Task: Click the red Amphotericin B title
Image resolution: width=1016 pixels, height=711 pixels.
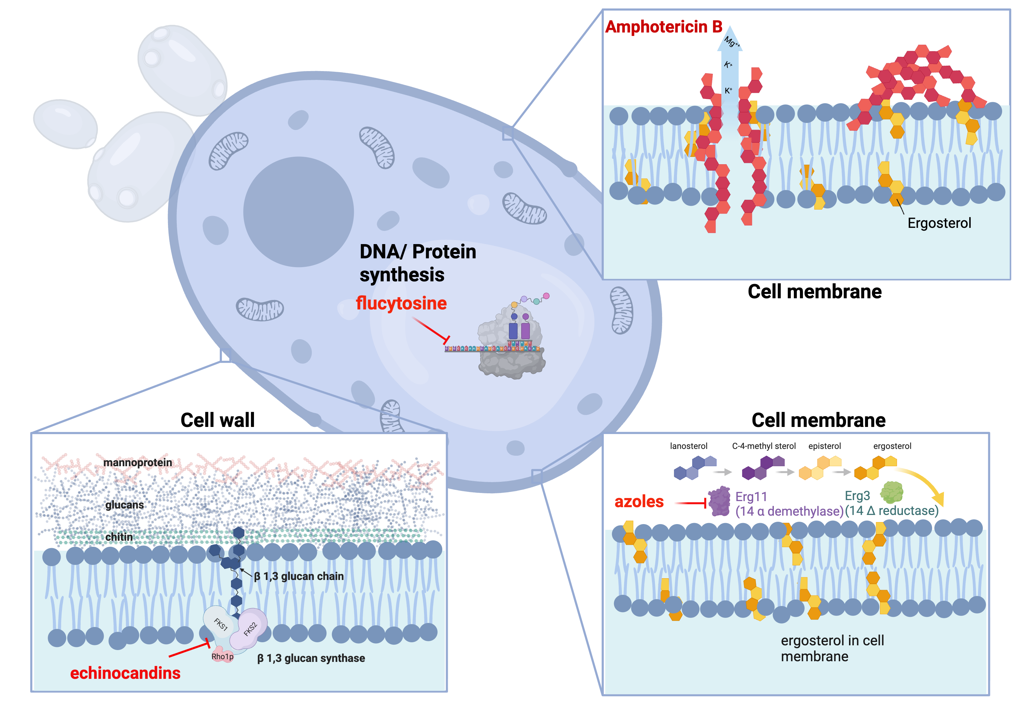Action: click(663, 27)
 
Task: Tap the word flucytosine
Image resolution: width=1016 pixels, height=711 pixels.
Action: click(401, 303)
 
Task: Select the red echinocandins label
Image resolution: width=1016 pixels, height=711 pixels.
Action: click(125, 673)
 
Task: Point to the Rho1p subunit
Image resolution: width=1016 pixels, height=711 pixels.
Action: click(222, 656)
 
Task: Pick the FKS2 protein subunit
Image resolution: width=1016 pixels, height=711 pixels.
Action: click(251, 628)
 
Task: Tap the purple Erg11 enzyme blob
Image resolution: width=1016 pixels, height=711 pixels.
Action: click(719, 501)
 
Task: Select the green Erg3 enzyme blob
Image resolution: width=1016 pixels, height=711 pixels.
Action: click(891, 492)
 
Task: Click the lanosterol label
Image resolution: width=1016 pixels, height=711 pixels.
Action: click(688, 446)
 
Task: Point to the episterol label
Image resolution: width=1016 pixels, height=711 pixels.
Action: click(824, 446)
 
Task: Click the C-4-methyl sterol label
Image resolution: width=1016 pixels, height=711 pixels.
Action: click(763, 446)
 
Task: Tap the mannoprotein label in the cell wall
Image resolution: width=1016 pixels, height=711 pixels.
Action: click(137, 462)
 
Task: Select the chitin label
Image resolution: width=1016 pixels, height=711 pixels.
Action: click(119, 537)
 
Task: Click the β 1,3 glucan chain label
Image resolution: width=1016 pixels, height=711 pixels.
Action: click(299, 576)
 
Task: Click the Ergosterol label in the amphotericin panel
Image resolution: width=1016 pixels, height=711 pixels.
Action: click(939, 223)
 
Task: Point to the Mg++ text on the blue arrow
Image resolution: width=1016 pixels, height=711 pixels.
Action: click(732, 42)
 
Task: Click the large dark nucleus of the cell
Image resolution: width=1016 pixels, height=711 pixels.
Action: click(298, 212)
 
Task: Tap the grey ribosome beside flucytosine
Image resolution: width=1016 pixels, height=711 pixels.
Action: click(511, 349)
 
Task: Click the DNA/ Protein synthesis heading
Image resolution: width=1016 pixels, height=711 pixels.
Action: click(417, 263)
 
